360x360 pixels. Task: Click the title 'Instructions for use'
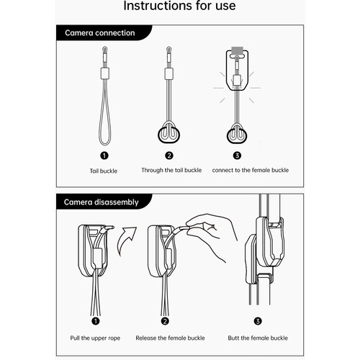coord(179,6)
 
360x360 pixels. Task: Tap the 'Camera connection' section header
coord(100,33)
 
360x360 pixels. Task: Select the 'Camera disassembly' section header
coord(101,202)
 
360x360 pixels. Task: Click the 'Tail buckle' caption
coord(104,171)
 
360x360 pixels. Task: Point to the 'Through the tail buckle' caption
coord(171,170)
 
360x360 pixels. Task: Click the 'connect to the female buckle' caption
coord(251,170)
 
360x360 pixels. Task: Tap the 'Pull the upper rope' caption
coord(95,338)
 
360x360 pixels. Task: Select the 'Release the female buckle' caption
coord(170,338)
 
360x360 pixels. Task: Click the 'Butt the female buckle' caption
coord(258,338)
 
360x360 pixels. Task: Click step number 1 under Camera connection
coord(104,156)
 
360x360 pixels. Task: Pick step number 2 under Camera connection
coord(169,156)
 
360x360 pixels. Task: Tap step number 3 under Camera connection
coord(237,156)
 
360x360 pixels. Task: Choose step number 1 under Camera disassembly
coord(96,321)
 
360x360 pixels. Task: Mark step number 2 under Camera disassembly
coord(165,321)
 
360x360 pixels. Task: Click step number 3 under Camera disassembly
coord(258,321)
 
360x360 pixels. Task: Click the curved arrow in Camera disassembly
coord(125,240)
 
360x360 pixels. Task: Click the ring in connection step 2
coord(159,135)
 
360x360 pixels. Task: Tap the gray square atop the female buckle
coord(238,51)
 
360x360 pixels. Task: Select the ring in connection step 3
coord(228,136)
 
